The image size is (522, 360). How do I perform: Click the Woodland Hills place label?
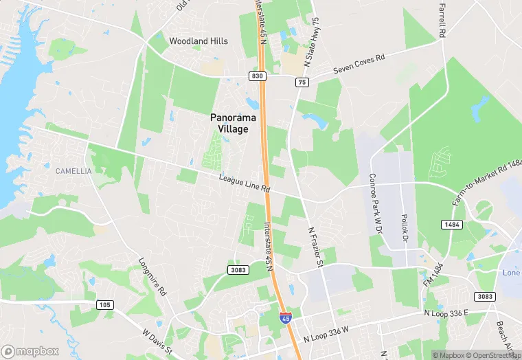tap(198, 41)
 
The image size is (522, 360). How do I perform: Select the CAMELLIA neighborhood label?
tap(73, 171)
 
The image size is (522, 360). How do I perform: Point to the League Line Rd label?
tap(245, 183)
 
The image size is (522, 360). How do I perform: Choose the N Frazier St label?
tap(315, 247)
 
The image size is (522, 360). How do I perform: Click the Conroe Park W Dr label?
tap(376, 203)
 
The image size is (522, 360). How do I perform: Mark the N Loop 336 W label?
tap(326, 335)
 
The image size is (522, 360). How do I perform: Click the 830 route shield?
tap(258, 76)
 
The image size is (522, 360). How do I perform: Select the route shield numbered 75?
tap(302, 82)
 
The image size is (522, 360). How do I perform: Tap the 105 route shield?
tap(105, 305)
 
